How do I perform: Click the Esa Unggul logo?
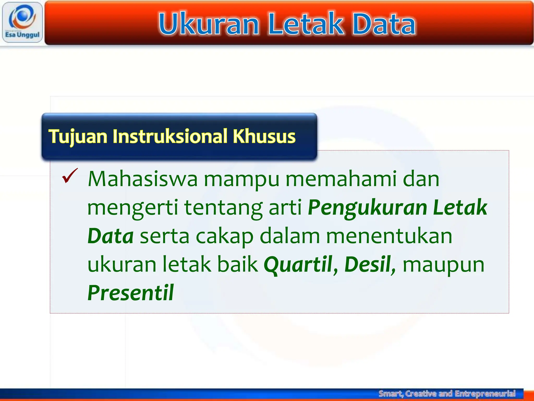22,22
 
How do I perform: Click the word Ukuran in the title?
209,24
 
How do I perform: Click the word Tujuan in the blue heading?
78,137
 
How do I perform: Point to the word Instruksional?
170,137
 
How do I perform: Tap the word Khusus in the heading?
264,137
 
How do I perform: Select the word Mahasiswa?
143,179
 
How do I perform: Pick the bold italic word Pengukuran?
367,208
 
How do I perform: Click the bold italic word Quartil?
298,264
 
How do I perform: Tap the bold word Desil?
368,264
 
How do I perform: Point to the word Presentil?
130,293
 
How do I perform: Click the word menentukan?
389,236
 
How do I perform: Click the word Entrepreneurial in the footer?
485,393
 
